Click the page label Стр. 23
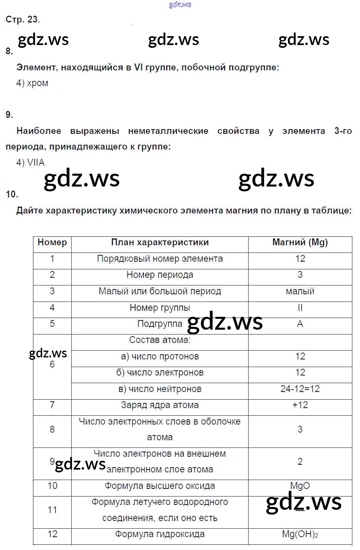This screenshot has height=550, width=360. (23, 19)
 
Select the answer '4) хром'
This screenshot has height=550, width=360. (32, 83)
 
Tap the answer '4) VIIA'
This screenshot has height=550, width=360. (31, 163)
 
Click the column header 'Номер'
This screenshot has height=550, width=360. (52, 242)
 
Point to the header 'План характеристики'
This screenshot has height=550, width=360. (160, 242)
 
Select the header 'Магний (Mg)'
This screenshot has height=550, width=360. (300, 242)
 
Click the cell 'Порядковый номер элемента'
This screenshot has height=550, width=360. (160, 259)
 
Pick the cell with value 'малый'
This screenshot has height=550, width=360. (300, 291)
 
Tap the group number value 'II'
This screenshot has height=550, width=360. (300, 308)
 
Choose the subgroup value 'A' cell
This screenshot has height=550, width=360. (300, 324)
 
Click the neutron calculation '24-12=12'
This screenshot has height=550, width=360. (300, 389)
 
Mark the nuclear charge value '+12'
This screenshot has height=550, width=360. (300, 405)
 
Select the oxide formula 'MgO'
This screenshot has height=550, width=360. (300, 486)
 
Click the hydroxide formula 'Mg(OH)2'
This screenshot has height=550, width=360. (300, 535)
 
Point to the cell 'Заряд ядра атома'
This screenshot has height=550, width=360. (160, 405)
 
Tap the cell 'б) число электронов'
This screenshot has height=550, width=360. (160, 373)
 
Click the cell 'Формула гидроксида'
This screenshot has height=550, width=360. (160, 535)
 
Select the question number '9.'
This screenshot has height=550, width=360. (9, 115)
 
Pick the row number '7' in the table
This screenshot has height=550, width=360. (52, 405)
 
